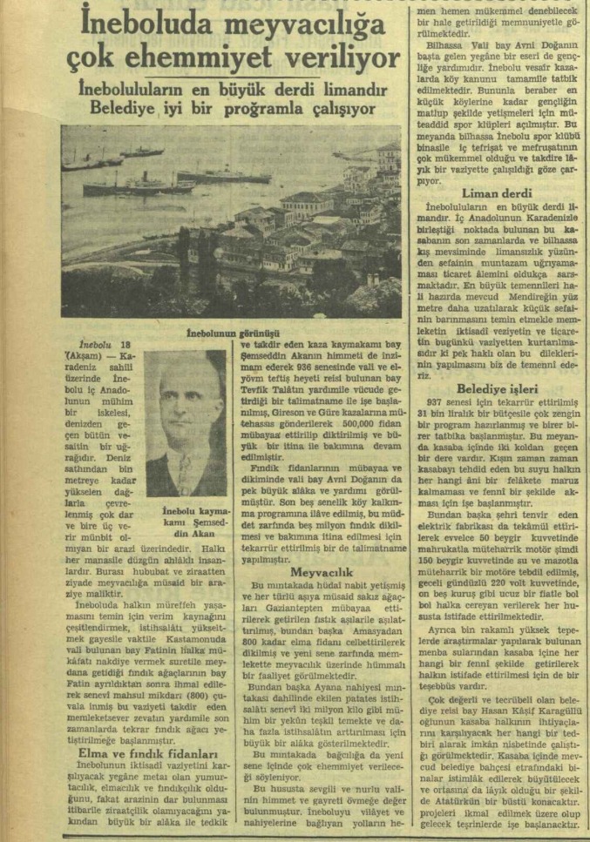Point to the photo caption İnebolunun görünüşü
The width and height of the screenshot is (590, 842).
point(233,333)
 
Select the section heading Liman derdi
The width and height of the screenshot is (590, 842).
point(497,192)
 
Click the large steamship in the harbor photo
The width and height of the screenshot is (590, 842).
point(139,184)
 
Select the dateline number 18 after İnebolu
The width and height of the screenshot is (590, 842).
point(127,344)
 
